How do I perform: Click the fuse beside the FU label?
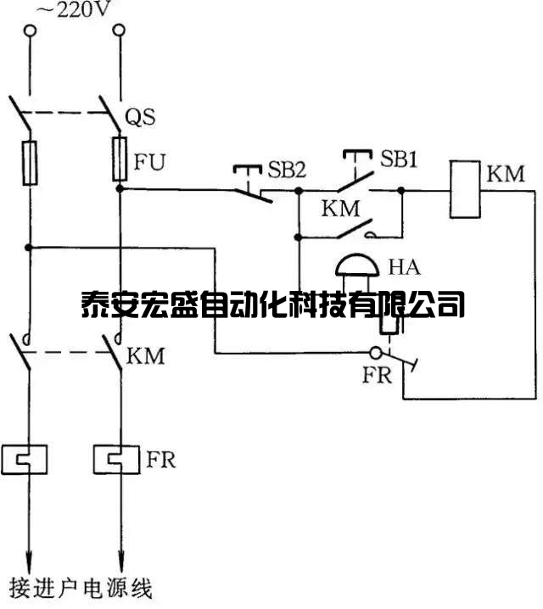coord(120,159)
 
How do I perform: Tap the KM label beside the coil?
coord(506,175)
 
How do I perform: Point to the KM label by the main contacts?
coord(145,355)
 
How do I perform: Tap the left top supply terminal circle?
coord(31,31)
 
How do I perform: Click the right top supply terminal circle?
coord(120,31)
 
